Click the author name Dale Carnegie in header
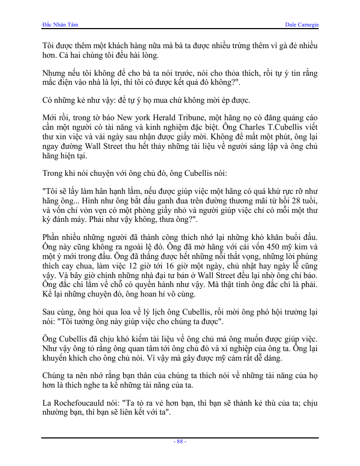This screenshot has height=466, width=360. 302,25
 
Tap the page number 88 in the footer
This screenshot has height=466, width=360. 180,442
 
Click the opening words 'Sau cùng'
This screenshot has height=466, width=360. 57,312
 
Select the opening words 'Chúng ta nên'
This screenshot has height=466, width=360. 66,375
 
